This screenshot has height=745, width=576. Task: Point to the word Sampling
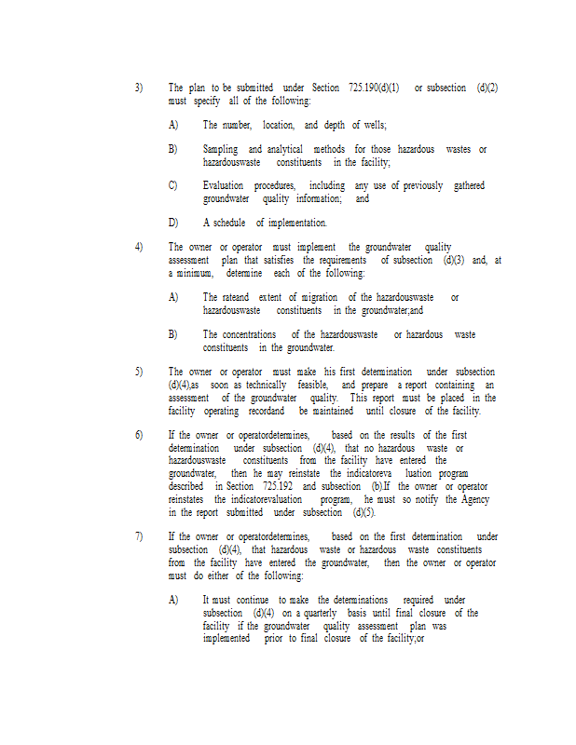click(x=220, y=149)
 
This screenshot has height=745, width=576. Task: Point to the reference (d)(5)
click(x=363, y=512)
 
